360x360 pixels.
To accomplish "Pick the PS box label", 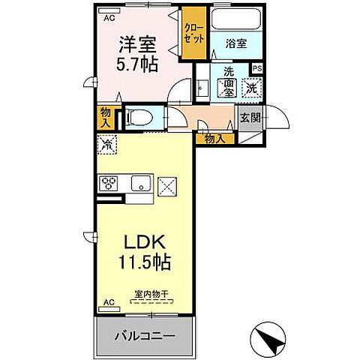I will coord(256,68).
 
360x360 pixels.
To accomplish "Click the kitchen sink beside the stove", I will coord(140,184).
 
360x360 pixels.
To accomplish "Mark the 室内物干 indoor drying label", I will coord(151,295).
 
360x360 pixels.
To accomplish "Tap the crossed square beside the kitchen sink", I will coord(166,184).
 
